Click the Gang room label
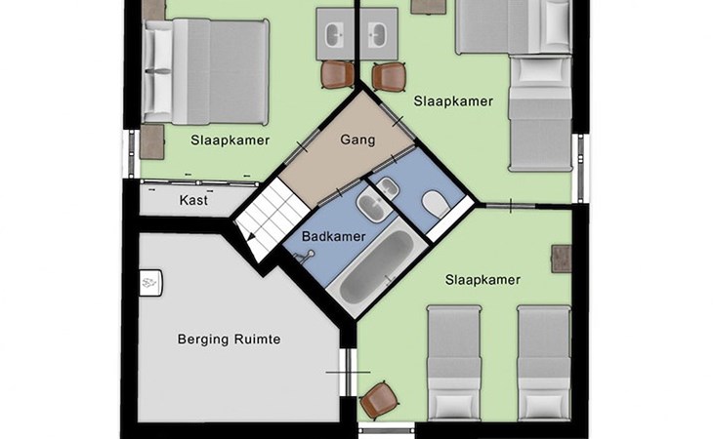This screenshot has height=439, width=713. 357,140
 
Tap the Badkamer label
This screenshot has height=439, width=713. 334,236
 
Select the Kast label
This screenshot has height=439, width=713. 193,200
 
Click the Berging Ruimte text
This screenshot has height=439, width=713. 229,339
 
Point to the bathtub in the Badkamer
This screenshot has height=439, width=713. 377,268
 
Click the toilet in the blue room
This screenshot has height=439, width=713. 436,204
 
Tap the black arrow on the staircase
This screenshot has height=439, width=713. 249,235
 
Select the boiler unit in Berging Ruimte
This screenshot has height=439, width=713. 150,283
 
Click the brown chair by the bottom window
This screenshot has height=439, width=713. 378,401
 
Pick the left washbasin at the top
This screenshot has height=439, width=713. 336,34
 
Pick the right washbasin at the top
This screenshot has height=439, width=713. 378,34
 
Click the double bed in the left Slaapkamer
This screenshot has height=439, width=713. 205,72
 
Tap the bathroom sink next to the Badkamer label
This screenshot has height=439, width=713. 374,206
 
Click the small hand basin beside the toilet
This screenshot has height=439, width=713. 388,188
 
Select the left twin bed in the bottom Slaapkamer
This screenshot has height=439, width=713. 454,363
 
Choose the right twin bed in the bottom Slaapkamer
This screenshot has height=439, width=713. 544,363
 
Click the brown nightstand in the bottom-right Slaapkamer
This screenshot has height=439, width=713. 562,259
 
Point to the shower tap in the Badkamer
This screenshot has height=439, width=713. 304,256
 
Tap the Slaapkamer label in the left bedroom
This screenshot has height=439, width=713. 231,140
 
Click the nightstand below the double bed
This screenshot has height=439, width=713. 151,142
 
